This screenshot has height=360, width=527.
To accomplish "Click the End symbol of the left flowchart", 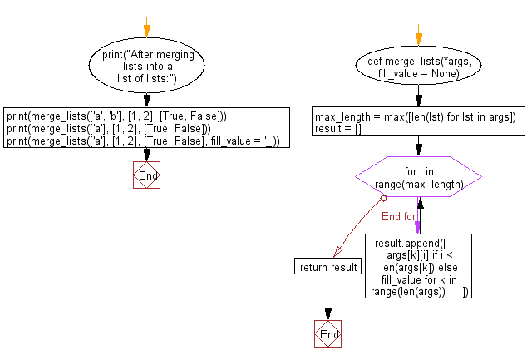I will [146, 175].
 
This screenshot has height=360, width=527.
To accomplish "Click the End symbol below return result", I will [328, 334].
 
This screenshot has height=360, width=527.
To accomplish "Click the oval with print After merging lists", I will [146, 67].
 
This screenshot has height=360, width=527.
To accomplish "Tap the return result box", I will [328, 266].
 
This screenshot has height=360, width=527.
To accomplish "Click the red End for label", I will [398, 217].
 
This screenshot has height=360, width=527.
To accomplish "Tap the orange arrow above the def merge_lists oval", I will [418, 37].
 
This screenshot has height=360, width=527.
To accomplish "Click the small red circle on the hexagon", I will [383, 199].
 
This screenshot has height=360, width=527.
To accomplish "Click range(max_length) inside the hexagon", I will [418, 183].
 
